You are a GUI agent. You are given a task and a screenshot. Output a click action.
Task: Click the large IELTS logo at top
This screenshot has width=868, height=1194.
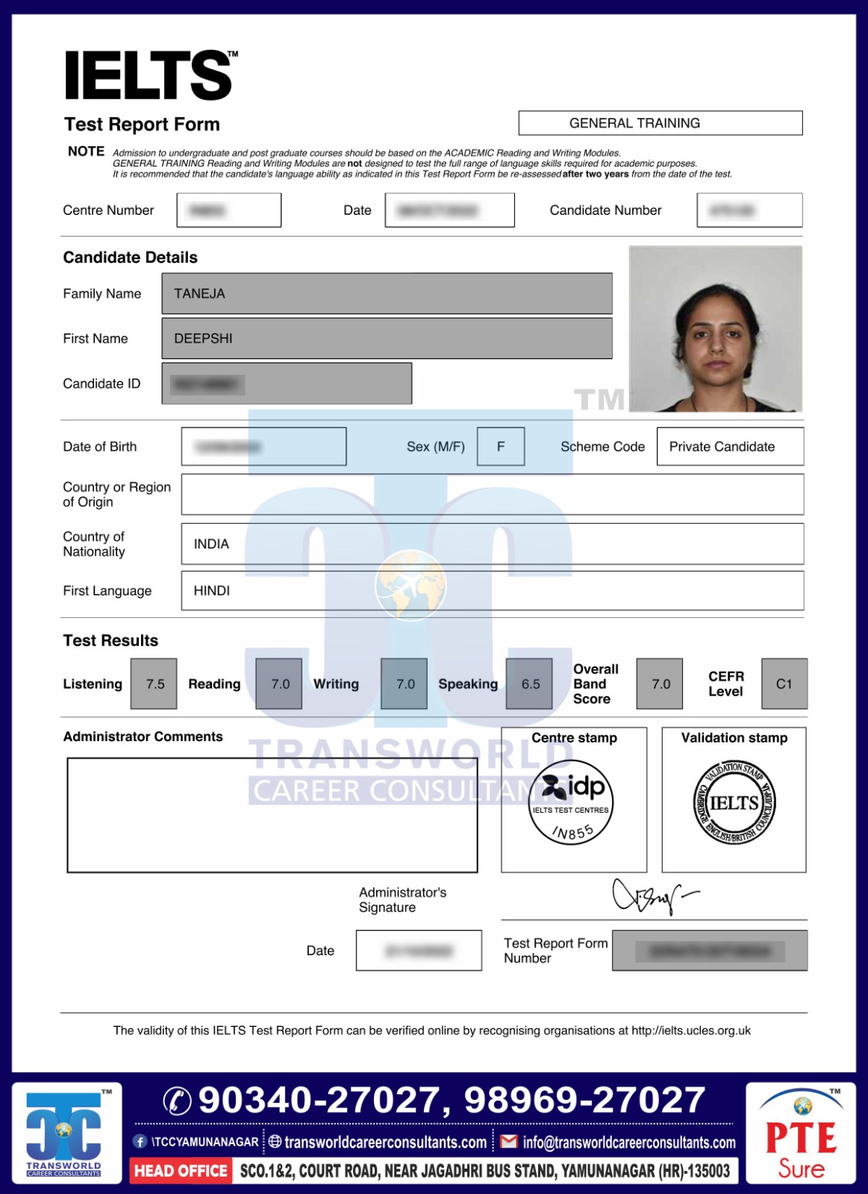point(149,75)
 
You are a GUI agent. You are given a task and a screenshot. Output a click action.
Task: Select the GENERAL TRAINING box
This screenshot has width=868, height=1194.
point(660,123)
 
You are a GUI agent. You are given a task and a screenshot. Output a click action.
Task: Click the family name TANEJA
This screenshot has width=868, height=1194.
point(199,294)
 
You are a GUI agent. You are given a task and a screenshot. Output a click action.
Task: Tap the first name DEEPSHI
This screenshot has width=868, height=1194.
point(203,339)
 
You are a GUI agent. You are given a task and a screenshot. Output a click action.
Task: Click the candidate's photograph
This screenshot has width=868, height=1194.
point(715,329)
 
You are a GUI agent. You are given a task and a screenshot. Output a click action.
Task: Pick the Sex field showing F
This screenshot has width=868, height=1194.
point(501,446)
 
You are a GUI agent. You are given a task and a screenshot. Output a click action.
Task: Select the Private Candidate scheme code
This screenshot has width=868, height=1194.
point(722,447)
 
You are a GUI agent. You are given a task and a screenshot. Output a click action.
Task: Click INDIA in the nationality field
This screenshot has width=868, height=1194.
point(211,544)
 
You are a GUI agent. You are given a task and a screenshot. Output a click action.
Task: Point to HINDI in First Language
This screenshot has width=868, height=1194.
point(211,591)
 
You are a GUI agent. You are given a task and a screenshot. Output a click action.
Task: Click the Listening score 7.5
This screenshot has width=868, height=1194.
point(154,684)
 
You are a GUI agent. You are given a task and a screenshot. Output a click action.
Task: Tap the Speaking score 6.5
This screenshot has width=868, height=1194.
point(530,684)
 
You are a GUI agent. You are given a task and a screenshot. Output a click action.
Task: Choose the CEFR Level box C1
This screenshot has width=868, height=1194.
point(784,684)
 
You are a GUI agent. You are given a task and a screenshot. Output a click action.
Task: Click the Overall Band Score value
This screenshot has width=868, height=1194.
point(661,684)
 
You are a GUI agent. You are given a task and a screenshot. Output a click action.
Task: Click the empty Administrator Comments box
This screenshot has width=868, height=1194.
point(272,815)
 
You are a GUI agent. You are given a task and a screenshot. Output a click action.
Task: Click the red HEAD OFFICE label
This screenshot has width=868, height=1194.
point(181,1171)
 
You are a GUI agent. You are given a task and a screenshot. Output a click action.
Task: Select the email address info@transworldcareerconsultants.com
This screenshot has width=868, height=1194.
point(628,1143)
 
